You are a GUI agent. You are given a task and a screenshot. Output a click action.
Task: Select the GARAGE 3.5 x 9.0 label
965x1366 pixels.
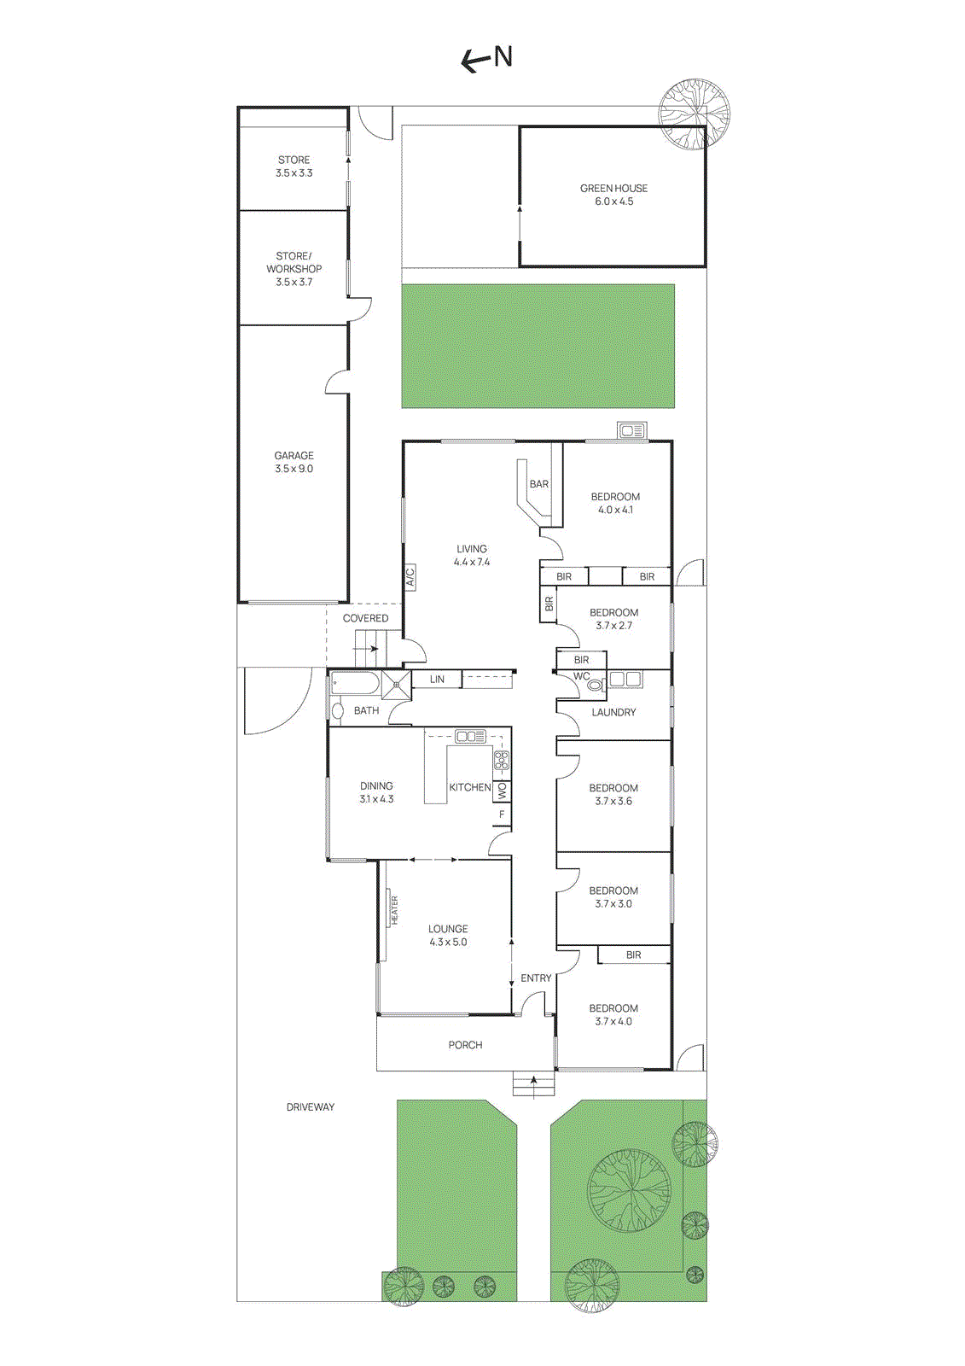point(294,462)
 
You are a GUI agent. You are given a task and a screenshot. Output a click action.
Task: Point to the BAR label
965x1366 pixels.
point(539,484)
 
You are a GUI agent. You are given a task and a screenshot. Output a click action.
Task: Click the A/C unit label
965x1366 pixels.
point(410,577)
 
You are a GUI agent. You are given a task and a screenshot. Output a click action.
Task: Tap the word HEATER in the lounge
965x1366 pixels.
point(394,910)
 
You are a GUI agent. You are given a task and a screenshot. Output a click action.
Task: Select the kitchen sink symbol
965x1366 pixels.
point(470,736)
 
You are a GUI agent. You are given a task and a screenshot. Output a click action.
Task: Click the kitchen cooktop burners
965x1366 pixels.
point(502,759)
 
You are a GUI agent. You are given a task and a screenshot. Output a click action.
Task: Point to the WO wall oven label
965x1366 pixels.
point(502,791)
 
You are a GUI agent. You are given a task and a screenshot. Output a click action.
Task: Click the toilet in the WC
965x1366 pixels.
point(596,684)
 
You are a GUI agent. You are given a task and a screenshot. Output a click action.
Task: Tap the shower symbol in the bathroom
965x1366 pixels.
point(397,685)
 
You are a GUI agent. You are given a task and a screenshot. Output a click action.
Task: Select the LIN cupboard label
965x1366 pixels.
point(437,680)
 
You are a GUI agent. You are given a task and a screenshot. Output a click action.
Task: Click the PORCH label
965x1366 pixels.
point(465,1045)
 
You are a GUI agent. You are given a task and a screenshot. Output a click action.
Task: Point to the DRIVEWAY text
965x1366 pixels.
point(311,1107)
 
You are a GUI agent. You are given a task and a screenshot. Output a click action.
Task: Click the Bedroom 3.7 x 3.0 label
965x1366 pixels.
point(613,897)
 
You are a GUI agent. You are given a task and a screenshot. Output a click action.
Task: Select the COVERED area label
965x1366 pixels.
point(365,618)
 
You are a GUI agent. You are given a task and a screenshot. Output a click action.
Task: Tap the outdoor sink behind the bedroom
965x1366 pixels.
point(632,431)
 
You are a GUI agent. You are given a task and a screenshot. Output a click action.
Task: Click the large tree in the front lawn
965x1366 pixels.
point(629,1190)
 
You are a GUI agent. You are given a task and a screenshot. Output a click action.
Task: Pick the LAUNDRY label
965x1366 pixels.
point(613,712)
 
